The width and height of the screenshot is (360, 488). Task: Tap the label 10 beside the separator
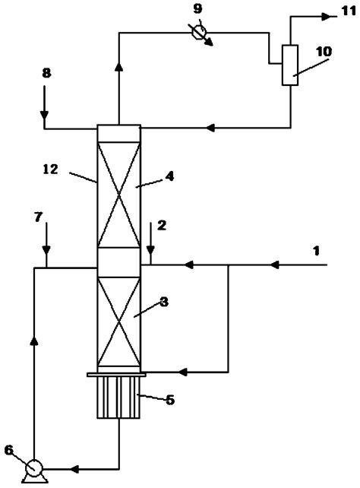[x=324, y=51]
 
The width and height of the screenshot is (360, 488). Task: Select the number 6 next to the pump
[x=8, y=449]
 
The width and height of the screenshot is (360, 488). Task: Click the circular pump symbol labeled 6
[x=33, y=466]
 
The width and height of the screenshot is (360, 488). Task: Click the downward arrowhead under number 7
[x=46, y=250]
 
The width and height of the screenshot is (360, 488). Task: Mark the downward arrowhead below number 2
[x=152, y=253]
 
